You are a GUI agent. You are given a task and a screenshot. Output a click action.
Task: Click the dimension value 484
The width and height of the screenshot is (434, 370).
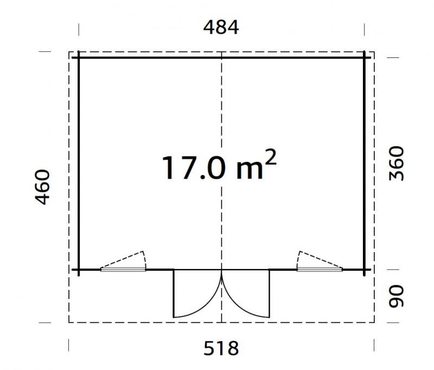(221, 27)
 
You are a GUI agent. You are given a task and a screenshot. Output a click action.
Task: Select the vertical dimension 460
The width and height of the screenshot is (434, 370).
(42, 187)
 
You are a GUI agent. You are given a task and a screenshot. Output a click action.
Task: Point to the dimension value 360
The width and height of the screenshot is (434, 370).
(397, 164)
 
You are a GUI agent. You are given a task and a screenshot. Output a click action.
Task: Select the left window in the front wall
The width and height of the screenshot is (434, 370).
(123, 269)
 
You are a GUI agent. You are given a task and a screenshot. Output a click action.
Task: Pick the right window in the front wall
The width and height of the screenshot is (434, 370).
(320, 269)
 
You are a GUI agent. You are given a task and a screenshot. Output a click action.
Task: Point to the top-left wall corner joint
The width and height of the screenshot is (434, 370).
(79, 56)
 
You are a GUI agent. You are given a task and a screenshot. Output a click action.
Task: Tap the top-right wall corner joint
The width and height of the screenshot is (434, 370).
(365, 56)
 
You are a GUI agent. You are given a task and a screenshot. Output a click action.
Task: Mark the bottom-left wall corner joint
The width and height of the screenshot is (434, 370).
(79, 269)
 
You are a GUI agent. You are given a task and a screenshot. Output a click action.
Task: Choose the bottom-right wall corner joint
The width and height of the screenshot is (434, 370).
(365, 269)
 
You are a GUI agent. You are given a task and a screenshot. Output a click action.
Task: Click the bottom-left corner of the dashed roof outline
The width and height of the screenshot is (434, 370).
(69, 322)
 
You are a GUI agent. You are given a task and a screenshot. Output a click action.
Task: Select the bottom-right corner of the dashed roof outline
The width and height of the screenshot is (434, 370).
(374, 322)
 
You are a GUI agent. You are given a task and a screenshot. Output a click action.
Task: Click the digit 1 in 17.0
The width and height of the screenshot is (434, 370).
(167, 167)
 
